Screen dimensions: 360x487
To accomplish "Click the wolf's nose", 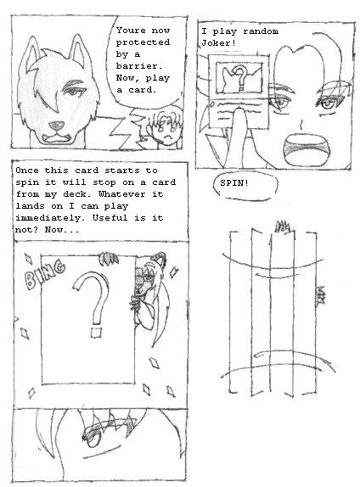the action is click(57, 125).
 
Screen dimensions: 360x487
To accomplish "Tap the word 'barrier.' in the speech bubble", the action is click(139, 66).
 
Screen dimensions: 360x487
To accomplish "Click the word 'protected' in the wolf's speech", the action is click(143, 42).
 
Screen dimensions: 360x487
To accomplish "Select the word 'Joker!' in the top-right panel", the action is click(218, 42).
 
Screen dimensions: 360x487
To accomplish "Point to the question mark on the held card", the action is click(239, 80).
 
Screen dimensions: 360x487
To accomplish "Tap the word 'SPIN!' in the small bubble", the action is click(234, 183).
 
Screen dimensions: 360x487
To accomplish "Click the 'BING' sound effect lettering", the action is click(45, 275).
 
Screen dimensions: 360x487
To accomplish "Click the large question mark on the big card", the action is click(92, 297).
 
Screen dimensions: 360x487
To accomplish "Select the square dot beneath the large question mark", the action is click(97, 332).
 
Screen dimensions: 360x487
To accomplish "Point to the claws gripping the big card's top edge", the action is click(108, 259).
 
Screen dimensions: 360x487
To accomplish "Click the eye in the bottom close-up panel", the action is click(92, 438).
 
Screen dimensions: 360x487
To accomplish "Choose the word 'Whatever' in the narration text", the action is click(121, 194).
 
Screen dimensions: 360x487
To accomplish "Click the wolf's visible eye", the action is click(73, 92).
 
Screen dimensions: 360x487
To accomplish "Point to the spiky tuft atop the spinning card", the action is click(284, 227).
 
